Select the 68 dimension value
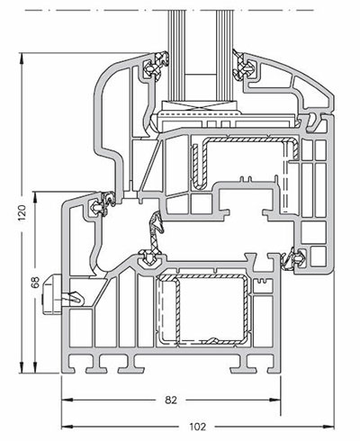pos(34,283)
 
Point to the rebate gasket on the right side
pos(290,260)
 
